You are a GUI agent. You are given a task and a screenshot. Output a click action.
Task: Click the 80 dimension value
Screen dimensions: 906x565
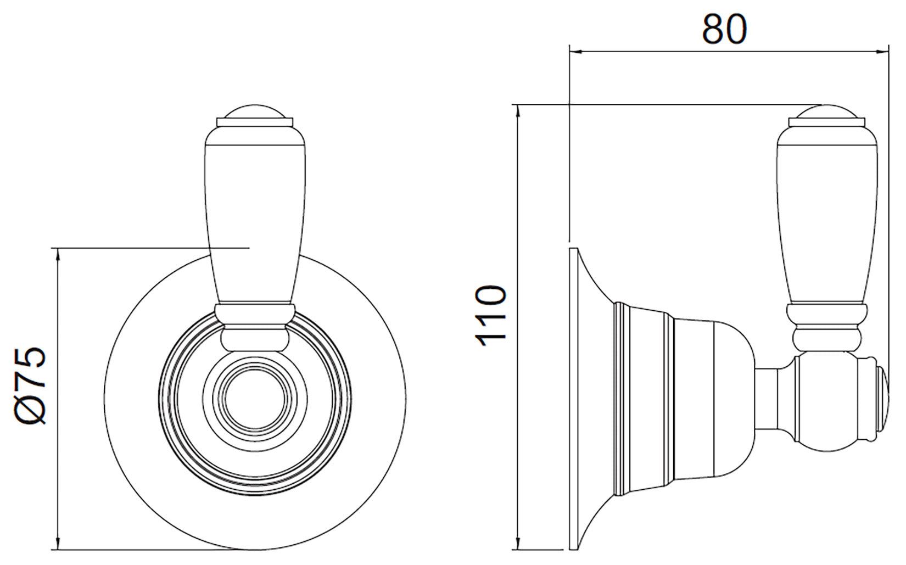coord(724,29)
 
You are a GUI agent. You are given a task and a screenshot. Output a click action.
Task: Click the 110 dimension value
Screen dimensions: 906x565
coord(491,316)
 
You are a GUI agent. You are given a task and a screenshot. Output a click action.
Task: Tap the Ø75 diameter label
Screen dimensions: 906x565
coord(31,385)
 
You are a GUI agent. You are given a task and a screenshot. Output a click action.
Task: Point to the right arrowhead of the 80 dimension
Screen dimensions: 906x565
coord(882,52)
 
